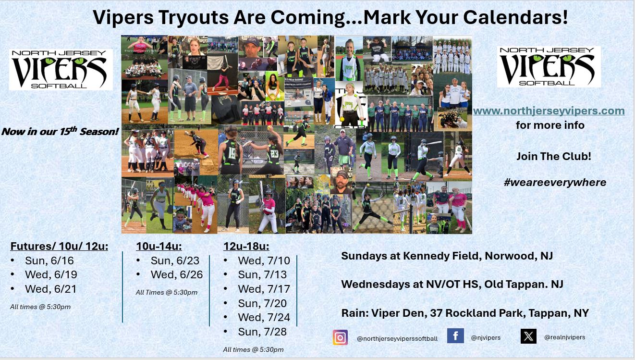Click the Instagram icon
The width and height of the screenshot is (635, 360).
pos(340,337)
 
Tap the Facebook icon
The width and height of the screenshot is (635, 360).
pos(455,336)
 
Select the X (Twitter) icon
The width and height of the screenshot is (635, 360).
pos(528,336)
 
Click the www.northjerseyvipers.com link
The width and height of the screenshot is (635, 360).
pos(549,111)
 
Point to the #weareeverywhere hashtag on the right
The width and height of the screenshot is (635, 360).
pos(555,182)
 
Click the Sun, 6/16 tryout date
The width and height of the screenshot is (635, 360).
pos(49,261)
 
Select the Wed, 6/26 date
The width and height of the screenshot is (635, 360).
pos(177,274)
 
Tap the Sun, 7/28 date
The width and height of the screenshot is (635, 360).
pos(262,332)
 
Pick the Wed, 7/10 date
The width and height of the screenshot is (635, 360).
pos(264,261)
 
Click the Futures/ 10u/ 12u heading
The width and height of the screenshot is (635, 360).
pos(59,246)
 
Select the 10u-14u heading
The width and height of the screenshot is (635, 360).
pos(159,246)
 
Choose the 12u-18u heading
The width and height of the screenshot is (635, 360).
pos(246,246)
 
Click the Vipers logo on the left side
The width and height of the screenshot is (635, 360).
pos(61,70)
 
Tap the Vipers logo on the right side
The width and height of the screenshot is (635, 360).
pos(549,67)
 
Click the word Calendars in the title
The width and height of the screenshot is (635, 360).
pos(515,17)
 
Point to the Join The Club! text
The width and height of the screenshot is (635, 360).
pos(554,156)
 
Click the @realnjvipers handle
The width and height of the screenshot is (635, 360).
pos(565,337)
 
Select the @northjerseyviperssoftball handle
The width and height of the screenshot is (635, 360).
pos(397,338)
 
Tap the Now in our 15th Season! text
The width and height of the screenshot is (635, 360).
pos(60,131)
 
